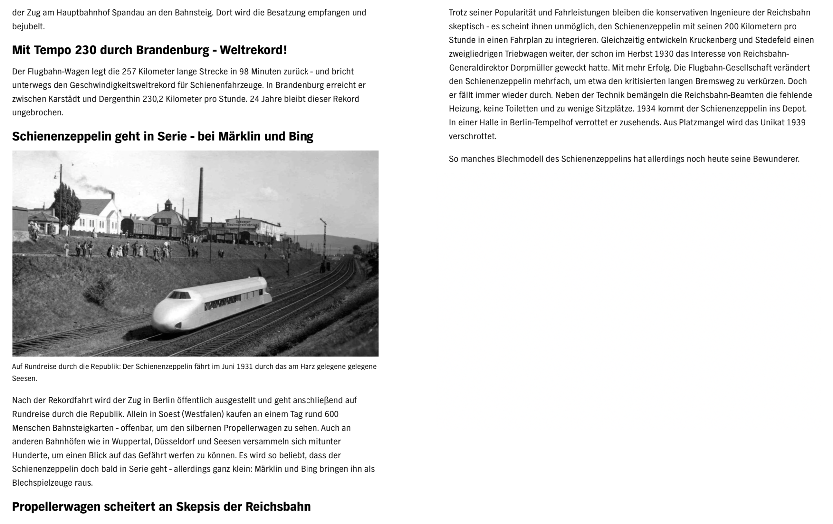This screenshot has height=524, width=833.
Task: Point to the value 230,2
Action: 153,99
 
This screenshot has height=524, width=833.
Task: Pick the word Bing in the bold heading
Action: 301,136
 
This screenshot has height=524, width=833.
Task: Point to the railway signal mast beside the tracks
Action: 324,242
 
